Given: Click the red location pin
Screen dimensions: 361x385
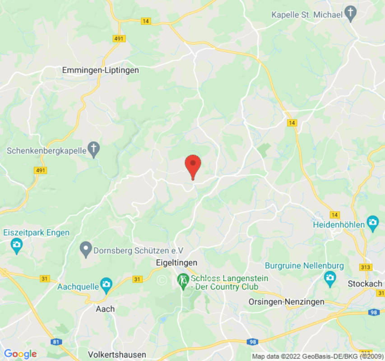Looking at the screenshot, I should pyautogui.click(x=193, y=166).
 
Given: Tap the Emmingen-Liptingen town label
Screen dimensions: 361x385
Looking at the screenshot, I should pyautogui.click(x=100, y=70).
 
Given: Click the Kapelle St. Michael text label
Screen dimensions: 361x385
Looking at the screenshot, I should pyautogui.click(x=307, y=15).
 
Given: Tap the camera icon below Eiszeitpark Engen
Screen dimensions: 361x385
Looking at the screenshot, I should pyautogui.click(x=17, y=246).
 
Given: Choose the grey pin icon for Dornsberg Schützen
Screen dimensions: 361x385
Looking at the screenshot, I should pyautogui.click(x=86, y=249).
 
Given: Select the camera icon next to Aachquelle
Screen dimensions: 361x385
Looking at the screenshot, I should pyautogui.click(x=106, y=285).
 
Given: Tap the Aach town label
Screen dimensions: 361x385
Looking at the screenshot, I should pyautogui.click(x=105, y=309).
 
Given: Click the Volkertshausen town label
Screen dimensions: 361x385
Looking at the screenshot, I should pyautogui.click(x=117, y=354).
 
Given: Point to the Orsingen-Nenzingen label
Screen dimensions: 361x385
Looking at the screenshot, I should pyautogui.click(x=287, y=301).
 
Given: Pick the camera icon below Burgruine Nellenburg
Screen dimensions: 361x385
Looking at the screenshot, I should pyautogui.click(x=330, y=278).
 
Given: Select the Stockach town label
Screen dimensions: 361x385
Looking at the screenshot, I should pyautogui.click(x=365, y=284).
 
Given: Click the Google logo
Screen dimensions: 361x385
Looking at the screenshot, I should pyautogui.click(x=20, y=354).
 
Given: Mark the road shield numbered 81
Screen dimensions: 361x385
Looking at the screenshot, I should pyautogui.click(x=56, y=342).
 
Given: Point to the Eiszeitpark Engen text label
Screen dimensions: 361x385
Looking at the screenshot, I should pyautogui.click(x=37, y=233).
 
